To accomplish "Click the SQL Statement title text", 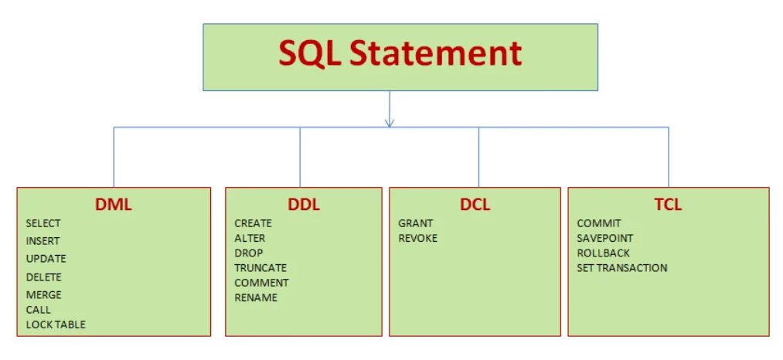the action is pos(400,54).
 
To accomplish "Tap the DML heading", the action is pos(114,205).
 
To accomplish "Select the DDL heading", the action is pos(303,205).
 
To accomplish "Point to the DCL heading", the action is pos(475,205).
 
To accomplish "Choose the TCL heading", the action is pos(668,205).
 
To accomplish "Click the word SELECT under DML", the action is pos(43,223).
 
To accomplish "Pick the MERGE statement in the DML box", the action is pos(43,294).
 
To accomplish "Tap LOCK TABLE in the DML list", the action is pos(56,324).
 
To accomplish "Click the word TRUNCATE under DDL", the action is pos(260,267).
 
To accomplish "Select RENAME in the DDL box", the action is pos(256,297).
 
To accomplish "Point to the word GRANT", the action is pos(416,223).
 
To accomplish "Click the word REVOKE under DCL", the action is pos(418,238).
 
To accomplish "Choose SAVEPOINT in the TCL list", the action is pos(605,238).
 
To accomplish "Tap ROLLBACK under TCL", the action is pos(603,253).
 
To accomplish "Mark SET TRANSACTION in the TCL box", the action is pos(622,267).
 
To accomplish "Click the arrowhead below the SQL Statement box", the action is pos(390,121).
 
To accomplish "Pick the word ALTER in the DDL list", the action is pos(250,238).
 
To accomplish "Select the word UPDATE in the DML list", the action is pos(46,259).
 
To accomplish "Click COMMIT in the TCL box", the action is pos(599,223).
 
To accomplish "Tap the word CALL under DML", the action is pos(38,310).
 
